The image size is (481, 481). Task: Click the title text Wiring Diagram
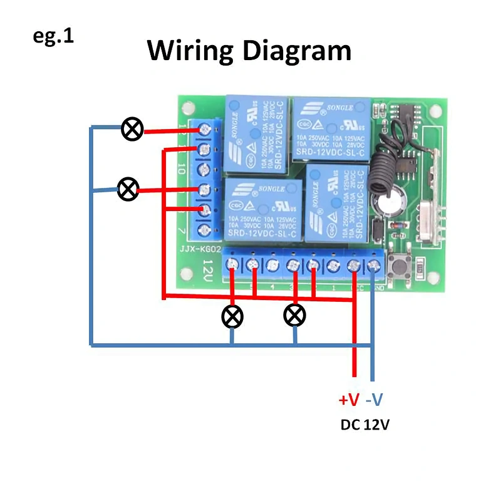coord(249,50)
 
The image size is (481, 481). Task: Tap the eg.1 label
coord(53,36)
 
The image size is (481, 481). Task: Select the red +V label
coord(349,400)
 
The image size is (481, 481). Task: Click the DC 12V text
coord(365,425)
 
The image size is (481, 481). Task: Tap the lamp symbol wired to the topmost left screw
coord(132,130)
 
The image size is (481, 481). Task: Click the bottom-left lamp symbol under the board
coord(232,316)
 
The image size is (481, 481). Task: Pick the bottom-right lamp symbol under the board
coord(295,315)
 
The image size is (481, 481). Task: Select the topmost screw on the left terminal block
coord(204,129)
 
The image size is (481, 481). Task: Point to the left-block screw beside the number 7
coord(204,230)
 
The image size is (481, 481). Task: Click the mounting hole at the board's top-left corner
coord(187,106)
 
